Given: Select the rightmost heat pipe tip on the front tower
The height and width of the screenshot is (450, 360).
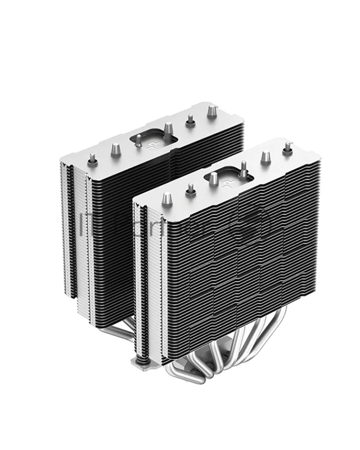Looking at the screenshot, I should [287, 147].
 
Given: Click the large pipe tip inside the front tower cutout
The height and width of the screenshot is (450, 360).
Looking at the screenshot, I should [214, 179].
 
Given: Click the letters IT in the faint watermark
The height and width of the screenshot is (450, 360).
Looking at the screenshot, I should [85, 222].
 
